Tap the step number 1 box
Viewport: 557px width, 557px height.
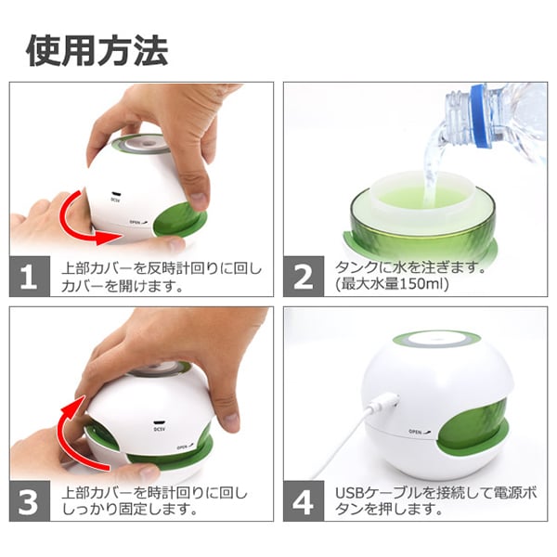tap(30, 277)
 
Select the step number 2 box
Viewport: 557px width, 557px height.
tap(304, 277)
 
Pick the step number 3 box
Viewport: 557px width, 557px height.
tap(30, 501)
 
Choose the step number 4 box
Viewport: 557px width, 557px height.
tap(304, 501)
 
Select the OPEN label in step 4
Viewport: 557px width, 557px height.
tap(417, 432)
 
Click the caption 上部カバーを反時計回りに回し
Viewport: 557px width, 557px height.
tap(161, 268)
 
